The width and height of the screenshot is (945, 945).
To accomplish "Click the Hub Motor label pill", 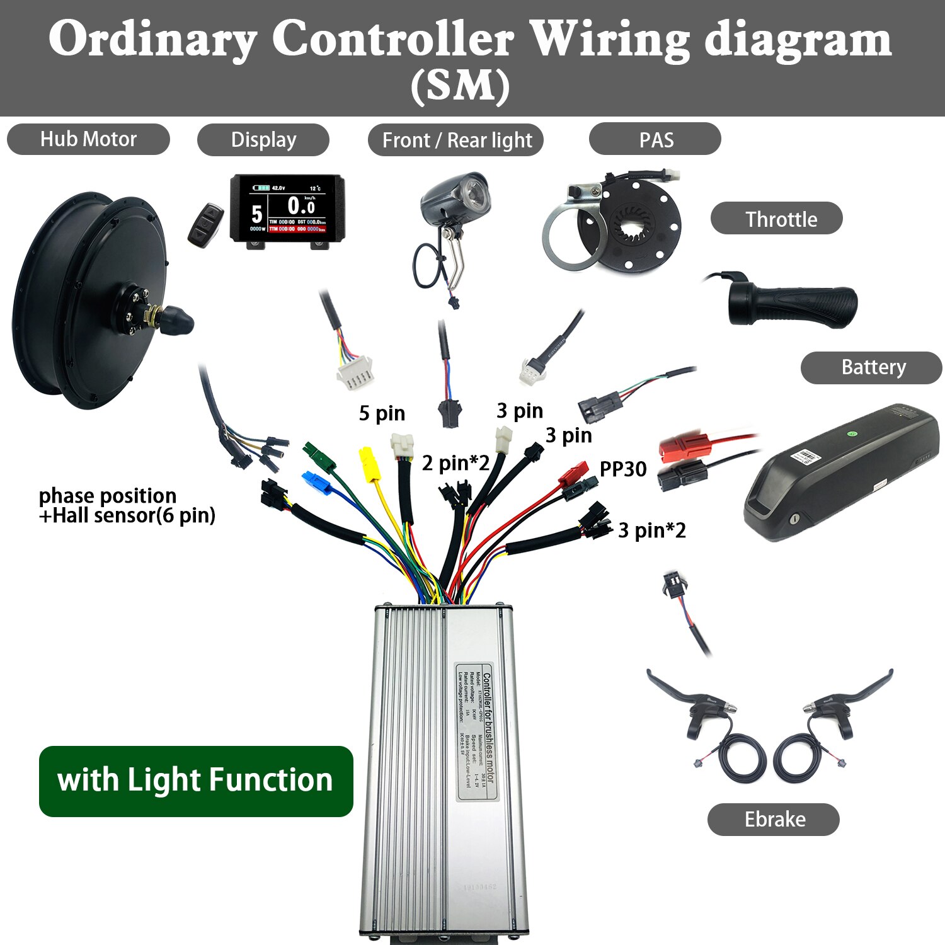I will pos(88,139).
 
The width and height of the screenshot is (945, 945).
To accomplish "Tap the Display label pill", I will pos(263,140).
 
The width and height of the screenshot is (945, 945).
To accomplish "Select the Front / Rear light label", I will pos(456,140).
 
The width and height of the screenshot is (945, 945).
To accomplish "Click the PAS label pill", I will pos(655,140).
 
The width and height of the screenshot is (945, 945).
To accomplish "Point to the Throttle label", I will pos(777,219).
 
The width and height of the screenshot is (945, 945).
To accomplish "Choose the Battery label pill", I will pos(871,367).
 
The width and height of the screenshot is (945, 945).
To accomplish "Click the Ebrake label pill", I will pos(774,819).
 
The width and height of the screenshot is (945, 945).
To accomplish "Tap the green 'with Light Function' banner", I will pos(196,781).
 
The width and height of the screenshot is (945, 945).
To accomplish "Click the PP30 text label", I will pos(622,469).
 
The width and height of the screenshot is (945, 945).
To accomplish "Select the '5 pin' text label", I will pos(382,413).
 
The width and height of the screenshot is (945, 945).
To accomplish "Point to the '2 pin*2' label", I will pos(455,464).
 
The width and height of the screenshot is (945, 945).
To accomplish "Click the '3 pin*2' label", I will pos(651,530).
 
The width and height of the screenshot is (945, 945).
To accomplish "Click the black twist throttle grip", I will pos(794,306).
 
